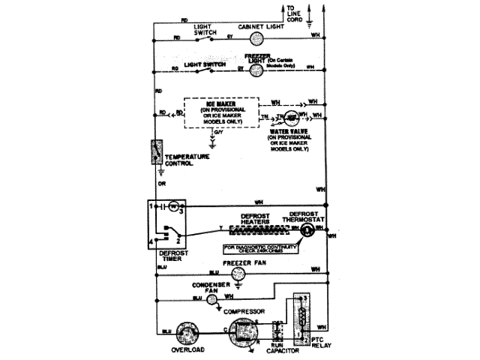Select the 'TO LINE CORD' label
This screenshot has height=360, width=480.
click(x=294, y=14)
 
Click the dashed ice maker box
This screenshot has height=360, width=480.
click(x=223, y=113)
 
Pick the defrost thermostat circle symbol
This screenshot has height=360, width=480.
click(x=306, y=229)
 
